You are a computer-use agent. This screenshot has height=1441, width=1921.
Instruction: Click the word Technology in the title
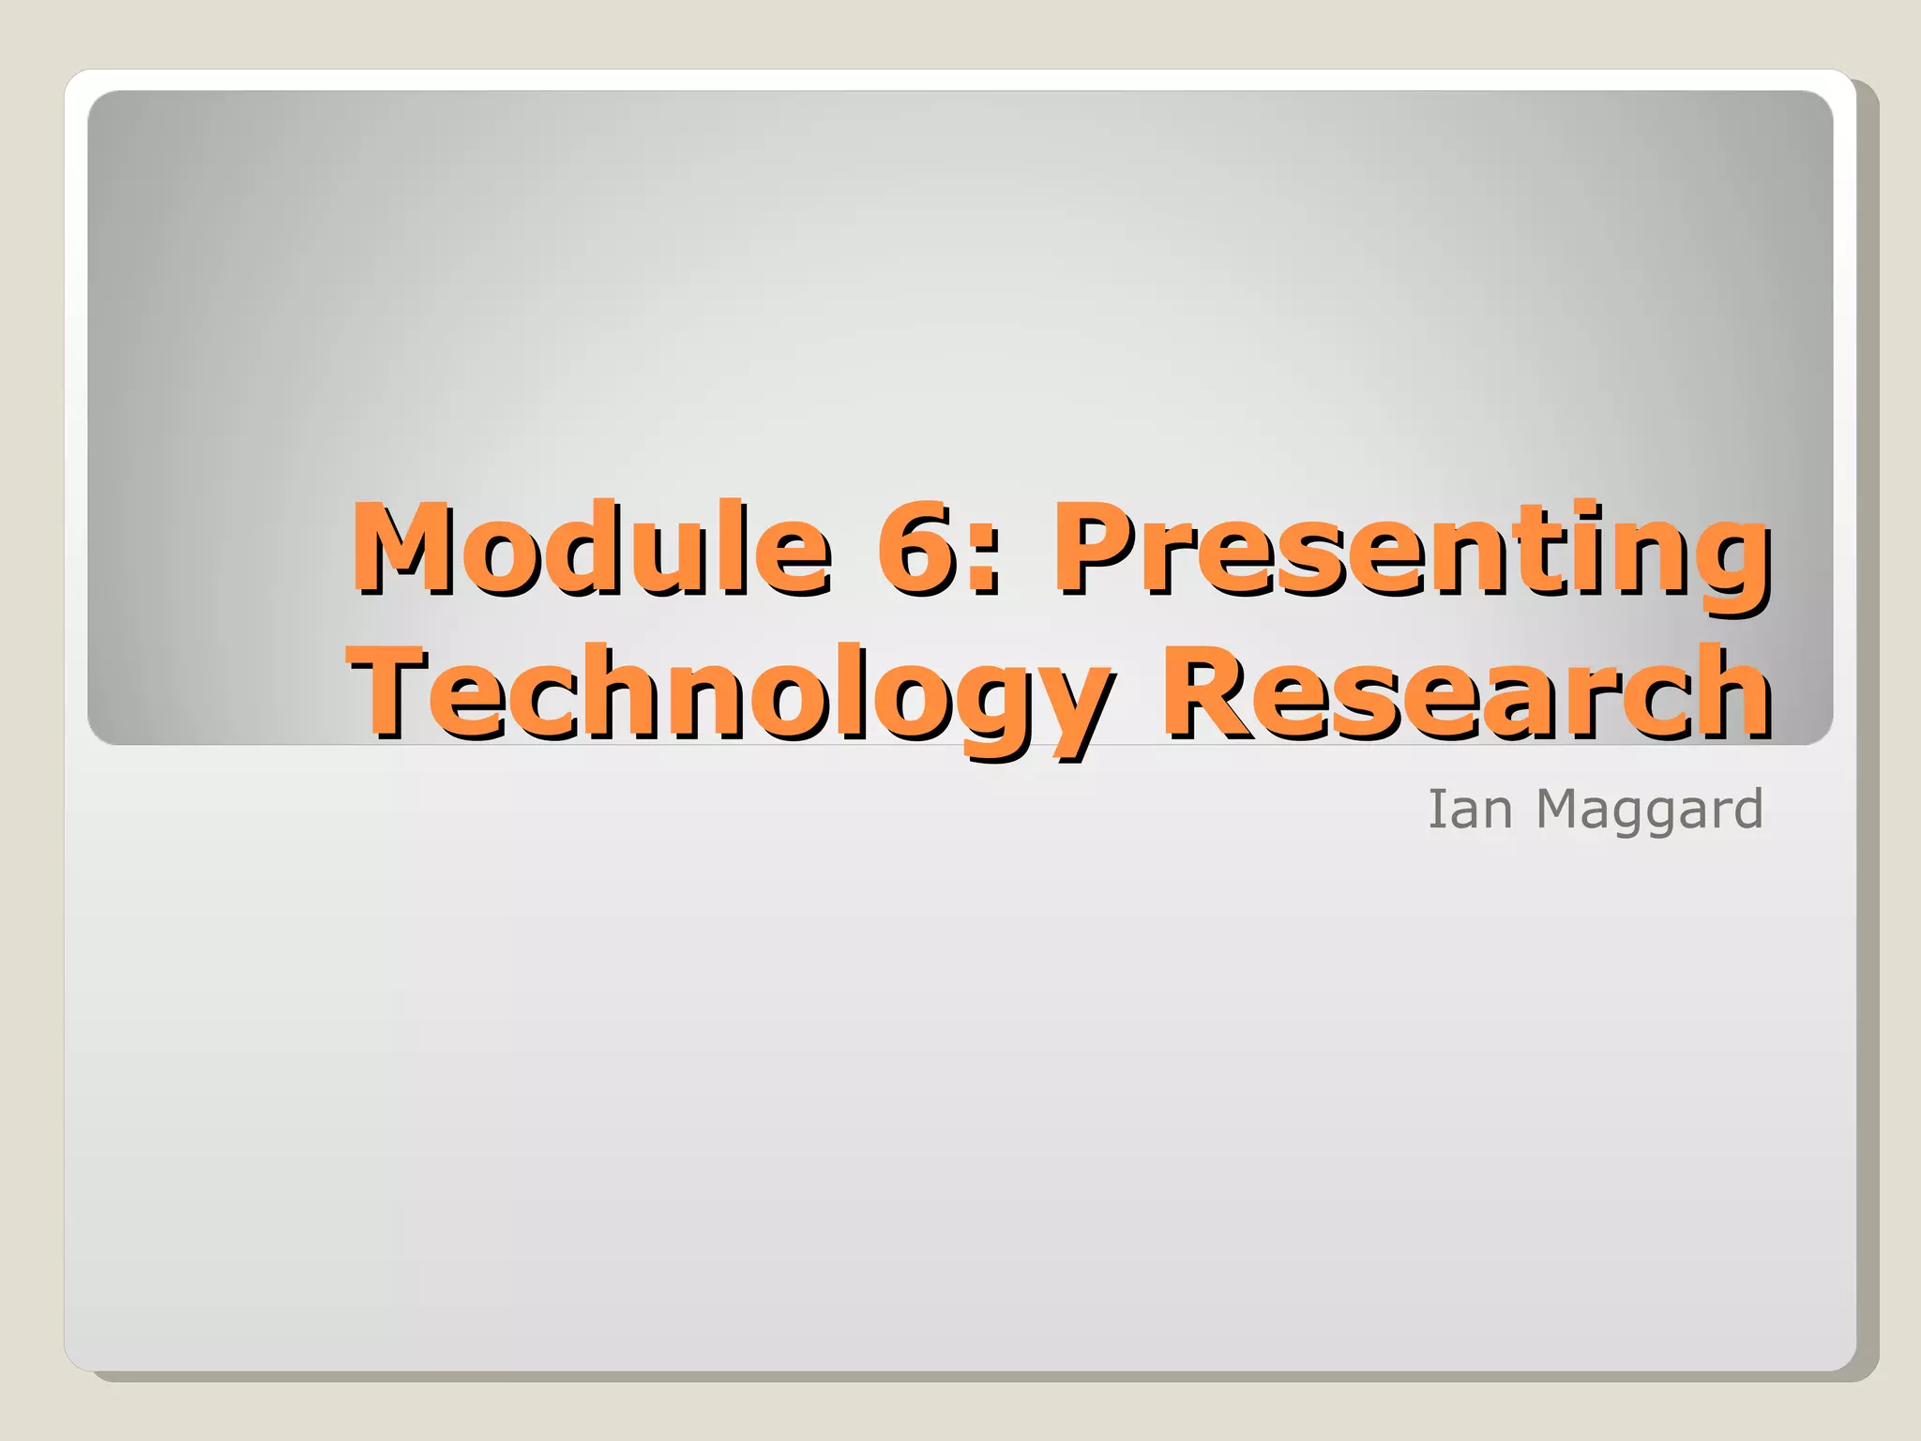[730, 694]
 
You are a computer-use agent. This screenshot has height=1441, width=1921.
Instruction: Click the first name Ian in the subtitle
[1470, 809]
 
